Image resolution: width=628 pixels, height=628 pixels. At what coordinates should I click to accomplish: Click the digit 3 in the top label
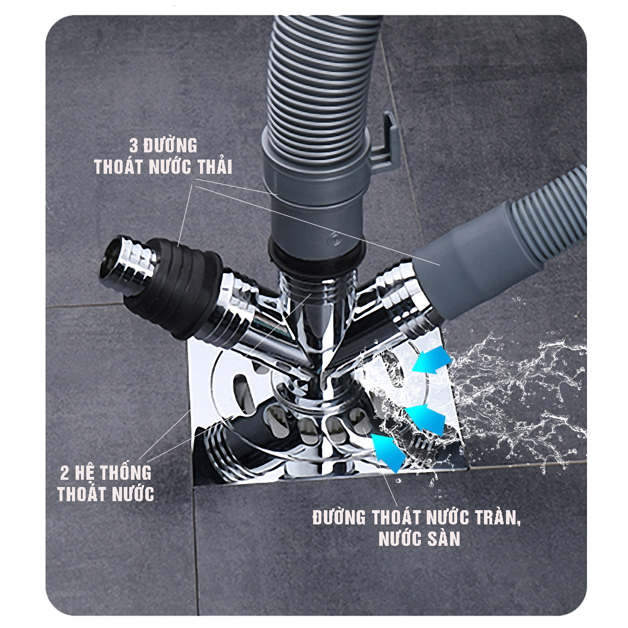coord(134,145)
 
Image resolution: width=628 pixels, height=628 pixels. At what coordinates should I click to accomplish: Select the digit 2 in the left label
coord(64,473)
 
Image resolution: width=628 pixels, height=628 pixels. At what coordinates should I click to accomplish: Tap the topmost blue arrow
coord(432,360)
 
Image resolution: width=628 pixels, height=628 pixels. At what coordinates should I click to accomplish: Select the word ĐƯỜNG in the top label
coord(170,145)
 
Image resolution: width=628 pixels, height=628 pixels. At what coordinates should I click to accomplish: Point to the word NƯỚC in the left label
coord(132,494)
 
